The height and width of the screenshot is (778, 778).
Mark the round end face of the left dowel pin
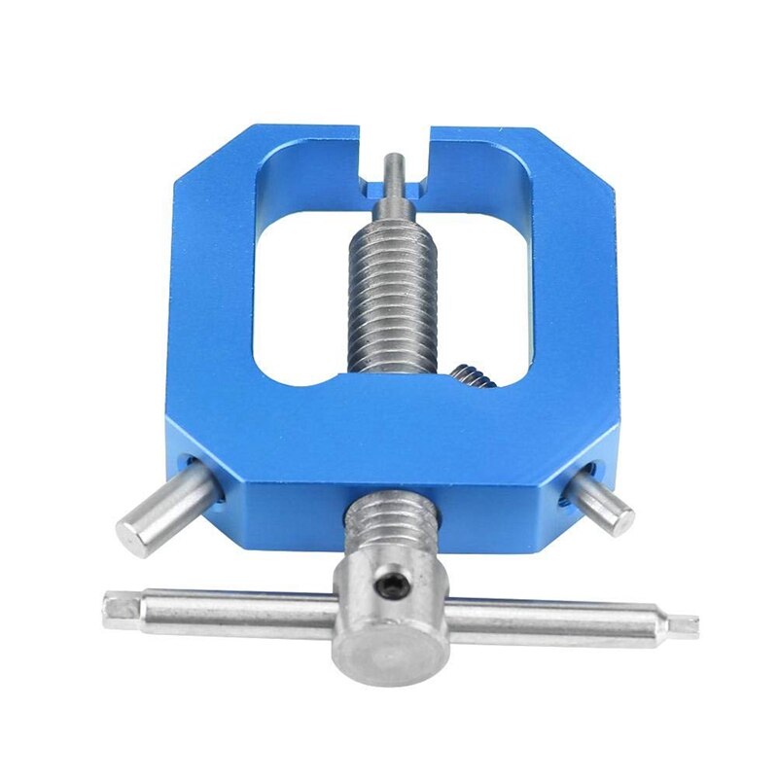[135, 535]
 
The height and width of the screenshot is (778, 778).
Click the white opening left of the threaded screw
[297, 292]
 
